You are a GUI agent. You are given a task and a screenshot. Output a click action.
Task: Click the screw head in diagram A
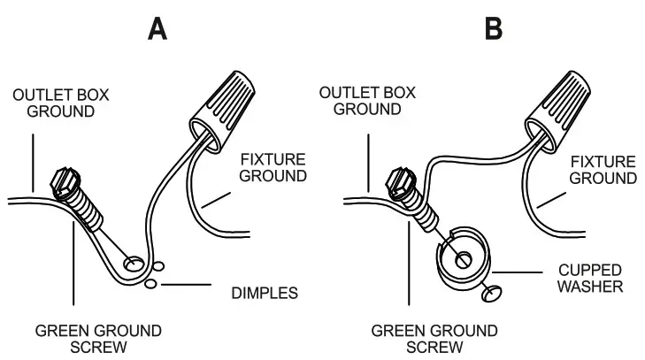pos(65,181)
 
